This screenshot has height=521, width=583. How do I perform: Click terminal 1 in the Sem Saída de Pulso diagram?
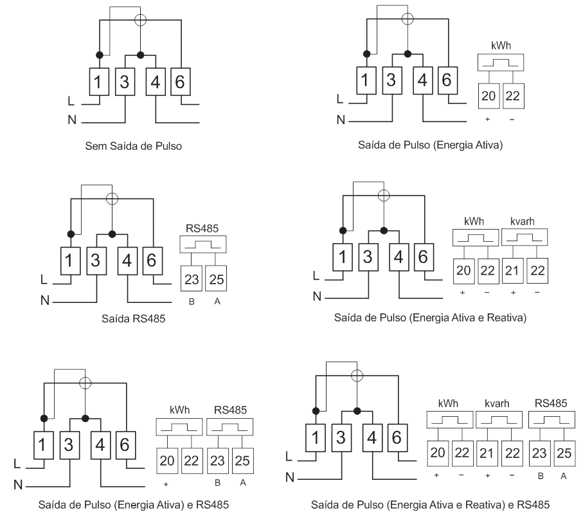click(x=99, y=82)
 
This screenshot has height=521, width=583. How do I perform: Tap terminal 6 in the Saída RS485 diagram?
click(x=152, y=261)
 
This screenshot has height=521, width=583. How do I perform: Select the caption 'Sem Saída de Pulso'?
click(x=134, y=146)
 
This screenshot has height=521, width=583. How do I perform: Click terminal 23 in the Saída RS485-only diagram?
click(x=192, y=279)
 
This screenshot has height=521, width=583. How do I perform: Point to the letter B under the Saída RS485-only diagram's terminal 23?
click(x=192, y=302)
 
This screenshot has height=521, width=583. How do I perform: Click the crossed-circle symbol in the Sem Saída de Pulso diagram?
click(x=140, y=20)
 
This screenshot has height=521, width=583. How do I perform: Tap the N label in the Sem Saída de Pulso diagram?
click(x=72, y=120)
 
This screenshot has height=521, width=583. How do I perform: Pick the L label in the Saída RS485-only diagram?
click(x=44, y=279)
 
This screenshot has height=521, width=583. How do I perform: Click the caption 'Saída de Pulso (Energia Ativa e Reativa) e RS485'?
click(x=430, y=505)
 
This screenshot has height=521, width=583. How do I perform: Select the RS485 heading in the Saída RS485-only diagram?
click(x=202, y=228)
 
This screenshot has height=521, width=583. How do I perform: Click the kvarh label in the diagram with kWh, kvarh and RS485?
click(x=497, y=403)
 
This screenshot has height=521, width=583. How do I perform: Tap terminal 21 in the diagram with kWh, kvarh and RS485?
click(x=487, y=453)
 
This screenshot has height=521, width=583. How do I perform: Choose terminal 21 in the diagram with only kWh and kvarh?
click(x=512, y=271)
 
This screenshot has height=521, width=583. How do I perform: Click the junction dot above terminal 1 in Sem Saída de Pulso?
click(x=99, y=55)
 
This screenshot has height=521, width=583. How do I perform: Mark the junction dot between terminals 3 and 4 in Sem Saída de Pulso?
click(x=140, y=55)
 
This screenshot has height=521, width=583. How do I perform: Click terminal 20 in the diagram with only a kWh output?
click(x=489, y=96)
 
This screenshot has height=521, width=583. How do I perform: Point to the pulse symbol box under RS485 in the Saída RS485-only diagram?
click(x=203, y=244)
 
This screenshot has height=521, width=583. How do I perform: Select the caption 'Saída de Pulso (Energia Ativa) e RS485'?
click(x=134, y=505)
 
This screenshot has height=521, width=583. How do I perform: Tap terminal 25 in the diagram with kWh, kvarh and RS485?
click(x=564, y=453)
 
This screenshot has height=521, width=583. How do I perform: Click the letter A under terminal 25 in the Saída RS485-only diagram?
click(x=217, y=302)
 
